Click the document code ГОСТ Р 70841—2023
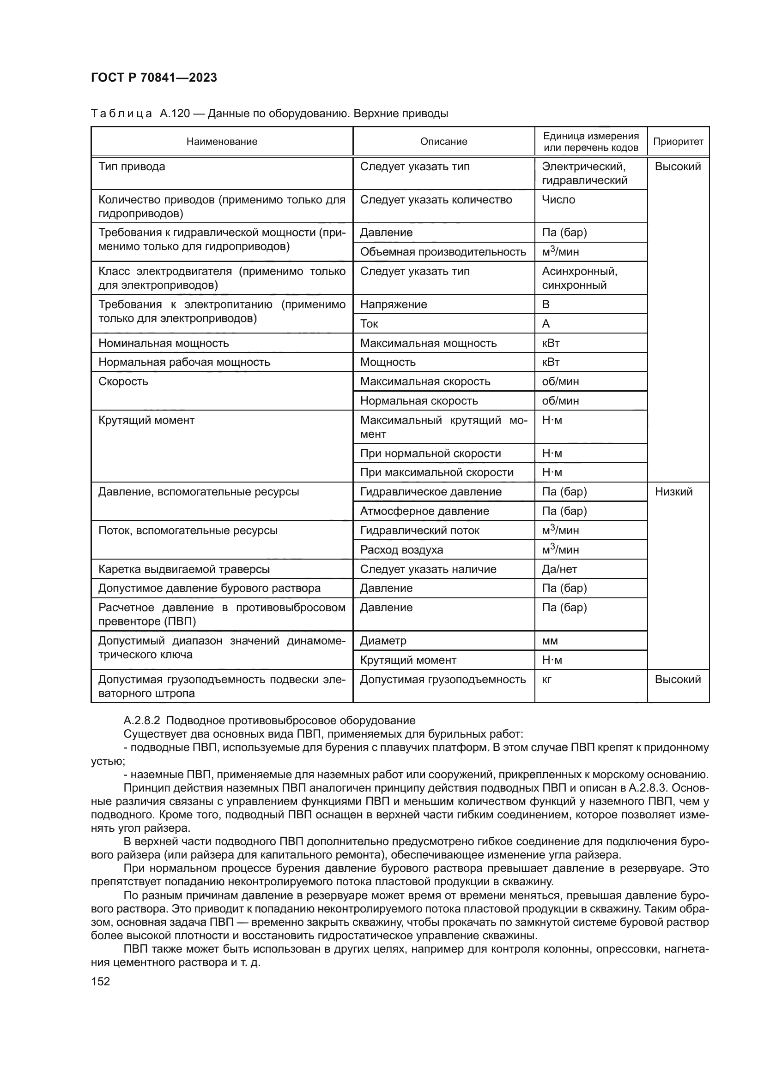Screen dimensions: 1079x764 click(154, 78)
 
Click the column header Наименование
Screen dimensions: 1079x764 click(222, 142)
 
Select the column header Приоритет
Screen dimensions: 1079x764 click(678, 142)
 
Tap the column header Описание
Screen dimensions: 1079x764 click(443, 142)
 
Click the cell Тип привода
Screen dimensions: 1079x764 click(132, 167)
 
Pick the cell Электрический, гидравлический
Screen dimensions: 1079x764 click(584, 173)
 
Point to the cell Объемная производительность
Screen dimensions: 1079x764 click(443, 252)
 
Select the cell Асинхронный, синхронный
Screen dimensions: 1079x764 click(580, 278)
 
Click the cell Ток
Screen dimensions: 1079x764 click(370, 324)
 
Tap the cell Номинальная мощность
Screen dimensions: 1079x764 click(164, 343)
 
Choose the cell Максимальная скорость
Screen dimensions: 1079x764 click(425, 382)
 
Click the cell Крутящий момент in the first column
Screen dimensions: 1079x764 click(146, 420)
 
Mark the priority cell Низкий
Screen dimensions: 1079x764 click(673, 492)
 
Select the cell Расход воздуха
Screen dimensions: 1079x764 click(401, 550)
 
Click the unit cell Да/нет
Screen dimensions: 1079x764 click(559, 569)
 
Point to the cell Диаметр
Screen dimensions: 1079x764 click(383, 641)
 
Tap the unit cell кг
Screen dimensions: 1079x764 click(547, 680)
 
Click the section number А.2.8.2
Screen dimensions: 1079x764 click(143, 721)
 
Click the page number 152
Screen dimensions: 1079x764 click(100, 982)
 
